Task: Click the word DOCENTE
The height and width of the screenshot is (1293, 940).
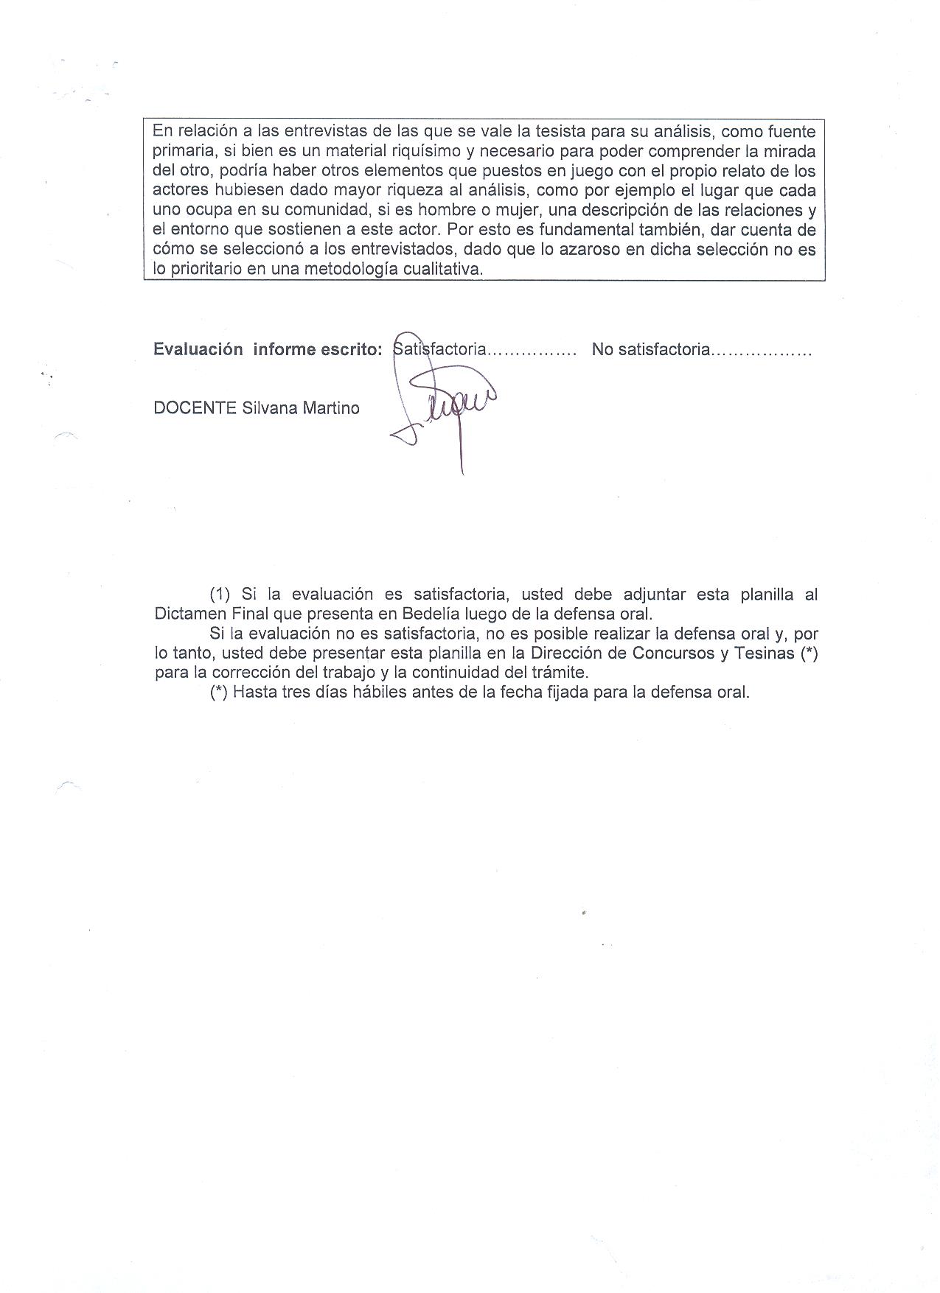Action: (195, 408)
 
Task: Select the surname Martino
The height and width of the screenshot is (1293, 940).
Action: (331, 408)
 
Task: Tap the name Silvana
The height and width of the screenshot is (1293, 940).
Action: (271, 408)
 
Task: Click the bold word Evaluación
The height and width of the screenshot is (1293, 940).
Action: (198, 349)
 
